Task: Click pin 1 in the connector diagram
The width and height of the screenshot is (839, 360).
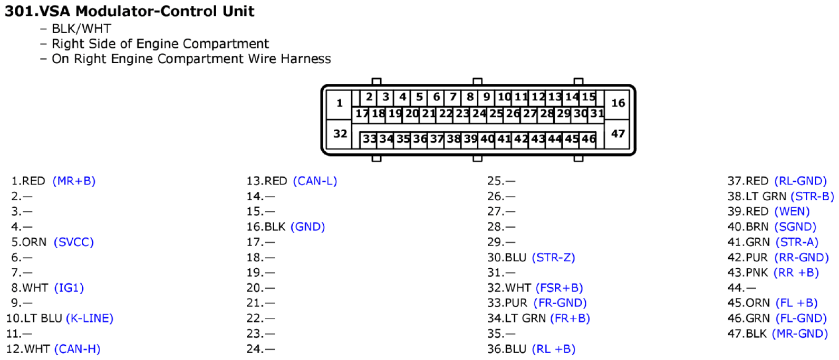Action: pos(339,103)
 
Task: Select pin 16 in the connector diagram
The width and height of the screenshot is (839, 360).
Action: pos(618,103)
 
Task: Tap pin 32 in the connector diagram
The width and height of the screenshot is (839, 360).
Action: pos(340,134)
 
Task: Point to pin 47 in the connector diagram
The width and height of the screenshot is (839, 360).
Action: pos(618,134)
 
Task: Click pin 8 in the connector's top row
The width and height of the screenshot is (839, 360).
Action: pos(469,97)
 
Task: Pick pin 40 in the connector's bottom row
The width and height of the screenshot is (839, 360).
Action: pos(487,139)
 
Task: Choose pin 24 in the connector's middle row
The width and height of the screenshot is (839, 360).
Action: pos(479,113)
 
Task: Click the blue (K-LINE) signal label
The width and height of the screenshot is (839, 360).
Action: pos(90,318)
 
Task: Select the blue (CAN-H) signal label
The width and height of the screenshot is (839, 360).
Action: pos(77,349)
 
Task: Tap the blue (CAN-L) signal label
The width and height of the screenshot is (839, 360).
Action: pos(315,181)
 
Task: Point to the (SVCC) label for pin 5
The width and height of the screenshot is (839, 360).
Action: pos(74,242)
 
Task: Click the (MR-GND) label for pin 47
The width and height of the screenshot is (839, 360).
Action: pos(799,334)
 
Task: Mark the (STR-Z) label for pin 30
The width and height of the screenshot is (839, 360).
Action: pos(553,257)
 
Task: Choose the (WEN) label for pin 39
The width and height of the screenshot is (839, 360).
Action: pos(792,211)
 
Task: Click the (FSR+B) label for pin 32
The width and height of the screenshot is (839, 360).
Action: pos(559,288)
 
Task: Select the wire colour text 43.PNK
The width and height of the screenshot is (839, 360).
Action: pos(748,273)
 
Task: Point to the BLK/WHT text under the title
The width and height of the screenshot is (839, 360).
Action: pos(81,28)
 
